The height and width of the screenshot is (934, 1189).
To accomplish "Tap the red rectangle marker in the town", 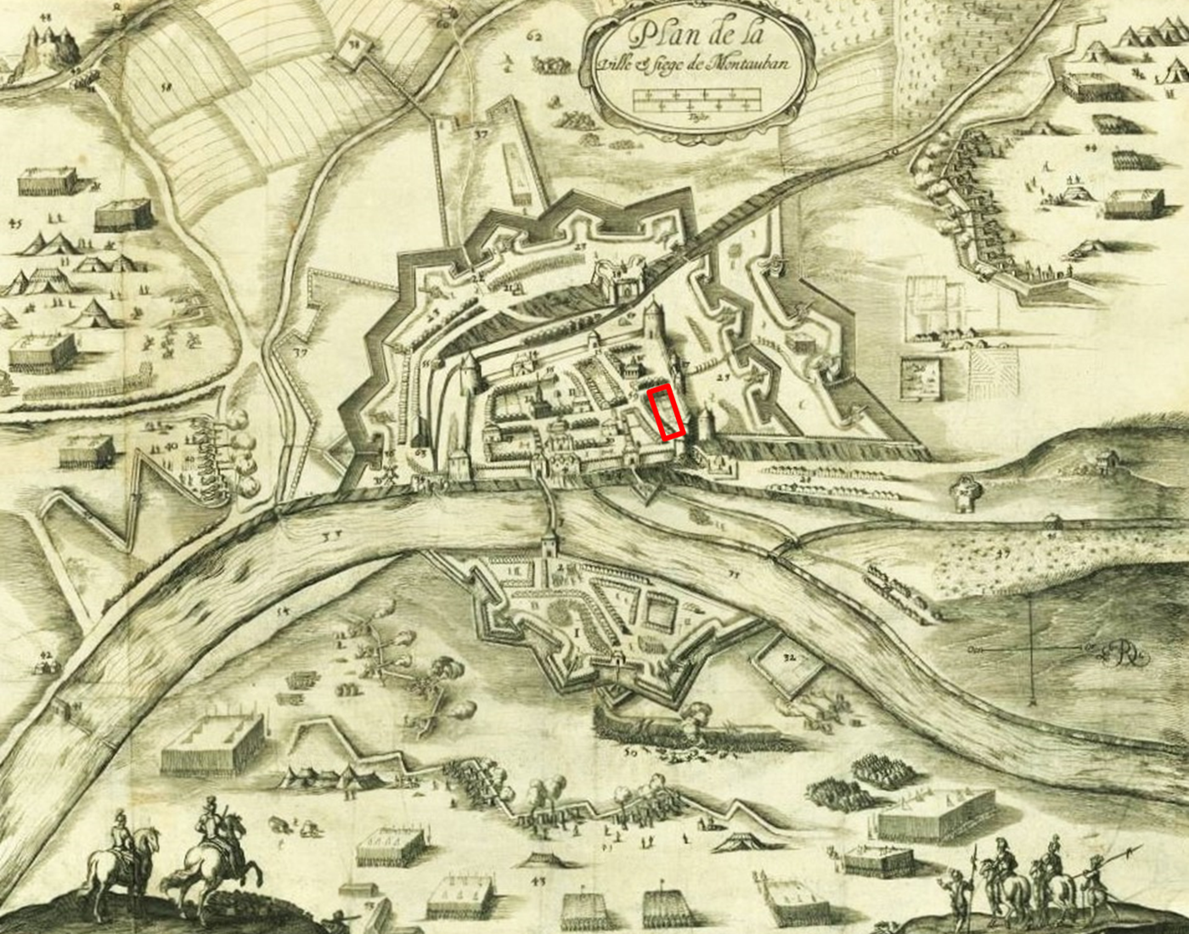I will [x=668, y=412].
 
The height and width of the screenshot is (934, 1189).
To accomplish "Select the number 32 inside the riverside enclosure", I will [x=791, y=657].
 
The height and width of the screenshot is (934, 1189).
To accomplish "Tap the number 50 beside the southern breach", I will [x=630, y=751].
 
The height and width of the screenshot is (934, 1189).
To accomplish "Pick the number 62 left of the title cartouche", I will [x=533, y=36].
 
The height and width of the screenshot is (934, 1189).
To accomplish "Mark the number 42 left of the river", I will [x=46, y=655].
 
